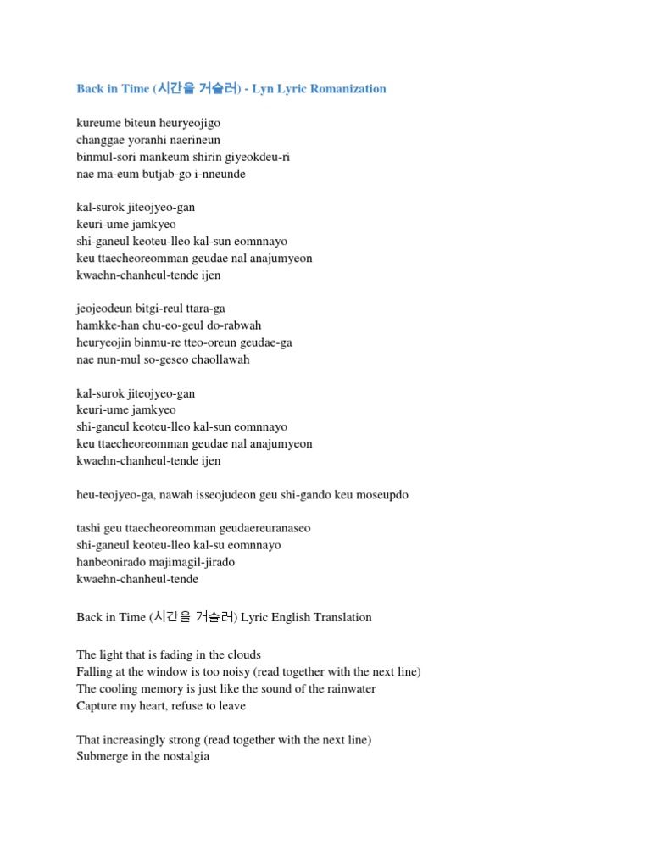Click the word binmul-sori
[106, 158]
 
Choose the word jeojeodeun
[103, 309]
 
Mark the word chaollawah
[221, 359]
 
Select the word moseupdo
[384, 494]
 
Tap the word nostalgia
[184, 757]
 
